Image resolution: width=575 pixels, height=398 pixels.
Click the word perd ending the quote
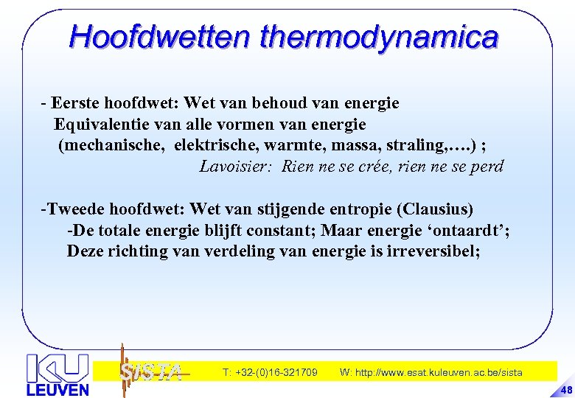tap(487, 167)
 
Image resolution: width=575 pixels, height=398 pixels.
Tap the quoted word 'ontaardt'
tap(470, 231)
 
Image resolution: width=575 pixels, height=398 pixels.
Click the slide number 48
tap(565, 389)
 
